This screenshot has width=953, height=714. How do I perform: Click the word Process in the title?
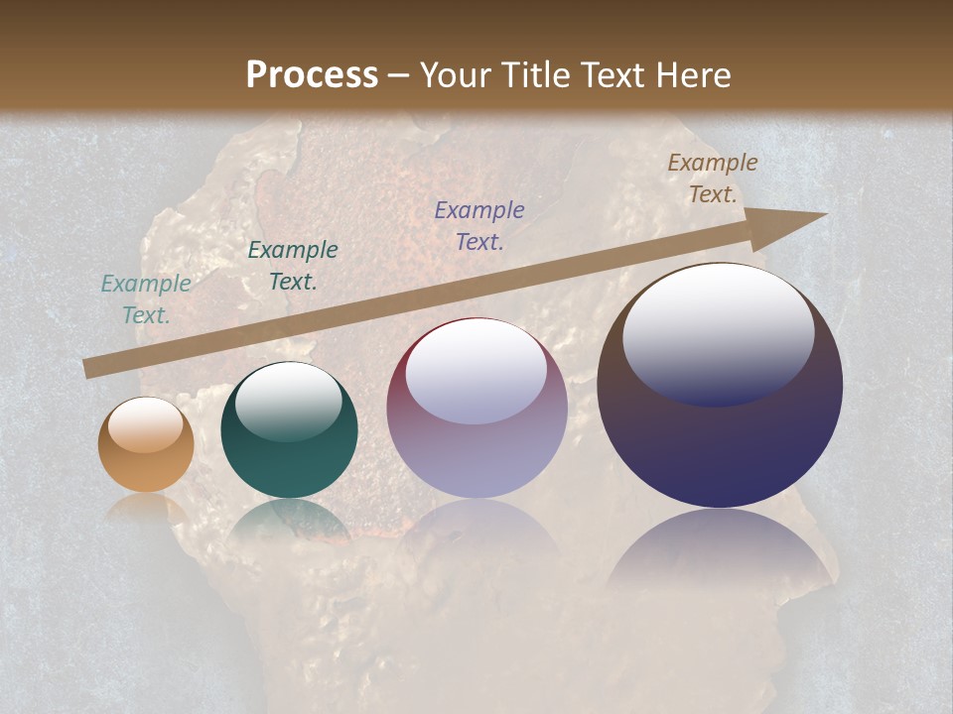coord(312,75)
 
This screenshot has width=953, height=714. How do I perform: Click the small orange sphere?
coord(146,445)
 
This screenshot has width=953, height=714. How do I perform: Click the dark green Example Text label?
coord(293,265)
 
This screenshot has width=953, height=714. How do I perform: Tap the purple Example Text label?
coord(479,225)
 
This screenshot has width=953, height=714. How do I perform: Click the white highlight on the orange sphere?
coord(146,424)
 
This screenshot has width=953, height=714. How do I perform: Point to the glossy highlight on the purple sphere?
coord(718,332)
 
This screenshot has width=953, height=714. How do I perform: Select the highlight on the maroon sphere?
coord(476,372)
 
